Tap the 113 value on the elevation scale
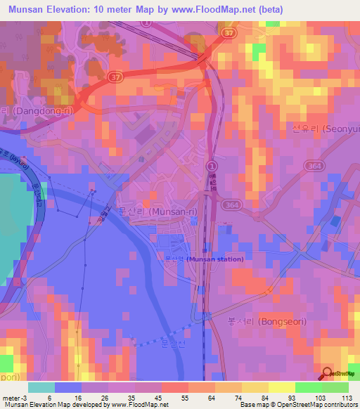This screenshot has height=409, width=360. [347, 397]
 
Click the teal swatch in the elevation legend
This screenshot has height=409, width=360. [41, 387]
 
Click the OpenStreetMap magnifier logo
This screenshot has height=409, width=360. [328, 374]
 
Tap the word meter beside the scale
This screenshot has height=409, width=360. [10, 397]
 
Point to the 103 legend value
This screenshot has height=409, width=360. [321, 397]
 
